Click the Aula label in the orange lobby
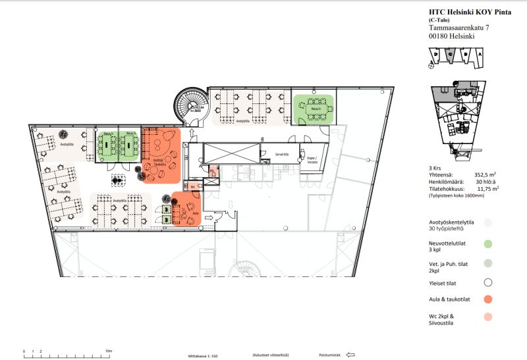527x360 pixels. coord(195,213)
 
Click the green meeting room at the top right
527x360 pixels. coord(314,109)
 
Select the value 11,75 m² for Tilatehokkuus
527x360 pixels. coord(484,188)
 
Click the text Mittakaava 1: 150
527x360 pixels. coord(202,355)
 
